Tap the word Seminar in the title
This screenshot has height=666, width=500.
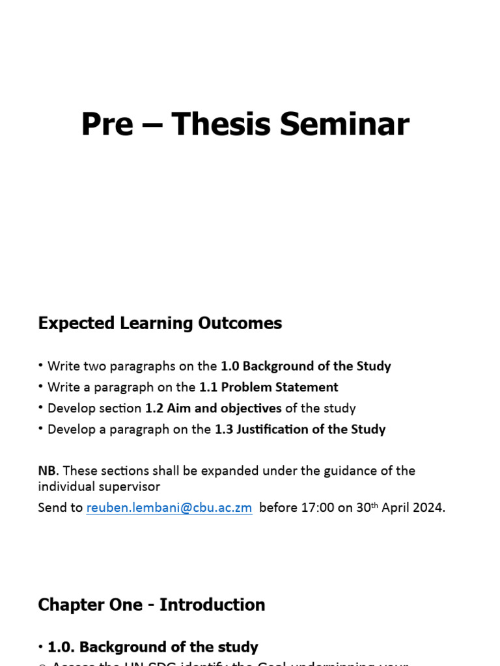[345, 124]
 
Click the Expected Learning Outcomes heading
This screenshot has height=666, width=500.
[160, 323]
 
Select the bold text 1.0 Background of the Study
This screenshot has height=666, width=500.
[306, 366]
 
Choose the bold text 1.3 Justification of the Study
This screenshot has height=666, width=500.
[300, 429]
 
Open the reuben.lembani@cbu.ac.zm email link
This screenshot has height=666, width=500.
[169, 508]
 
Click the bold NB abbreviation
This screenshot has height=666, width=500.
[48, 470]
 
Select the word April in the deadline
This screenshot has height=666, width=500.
[396, 508]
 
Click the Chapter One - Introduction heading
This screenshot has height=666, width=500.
[152, 605]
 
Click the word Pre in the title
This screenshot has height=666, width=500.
[107, 124]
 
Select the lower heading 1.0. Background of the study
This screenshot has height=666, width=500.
[153, 647]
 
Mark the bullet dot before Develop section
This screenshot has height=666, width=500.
[41, 408]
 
